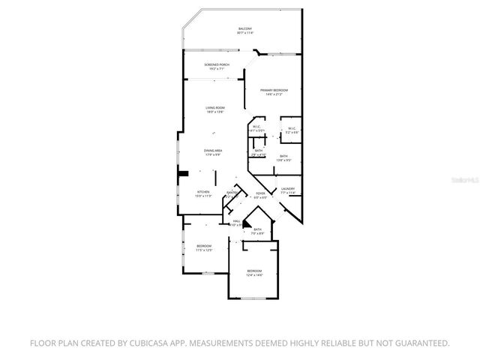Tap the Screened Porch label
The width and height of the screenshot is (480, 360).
click(x=217, y=65)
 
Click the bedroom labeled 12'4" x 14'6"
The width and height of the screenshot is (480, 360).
click(x=255, y=272)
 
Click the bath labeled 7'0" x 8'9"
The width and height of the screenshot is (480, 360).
click(x=257, y=231)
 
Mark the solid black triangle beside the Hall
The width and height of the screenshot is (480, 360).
click(x=247, y=223)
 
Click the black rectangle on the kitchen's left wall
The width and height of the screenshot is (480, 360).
click(x=181, y=177)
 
